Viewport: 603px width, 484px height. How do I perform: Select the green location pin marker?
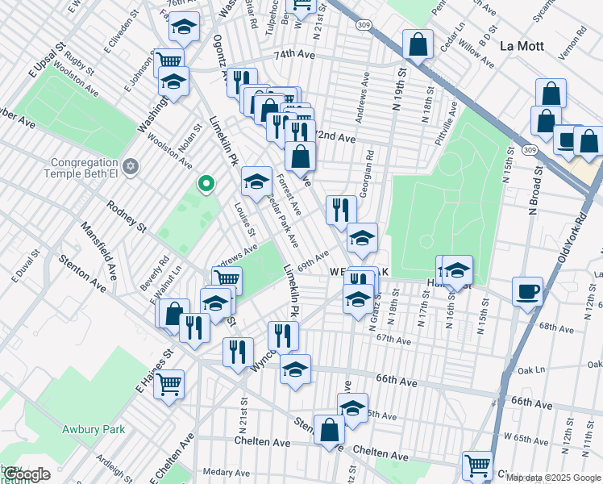[206, 185]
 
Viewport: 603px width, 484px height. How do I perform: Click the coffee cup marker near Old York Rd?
[527, 292]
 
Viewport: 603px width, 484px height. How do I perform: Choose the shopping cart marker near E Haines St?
[168, 385]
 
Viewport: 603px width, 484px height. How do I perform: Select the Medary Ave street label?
[223, 471]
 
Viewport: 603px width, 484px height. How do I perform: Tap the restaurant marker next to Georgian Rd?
[341, 211]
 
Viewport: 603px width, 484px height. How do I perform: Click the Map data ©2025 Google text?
[554, 478]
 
